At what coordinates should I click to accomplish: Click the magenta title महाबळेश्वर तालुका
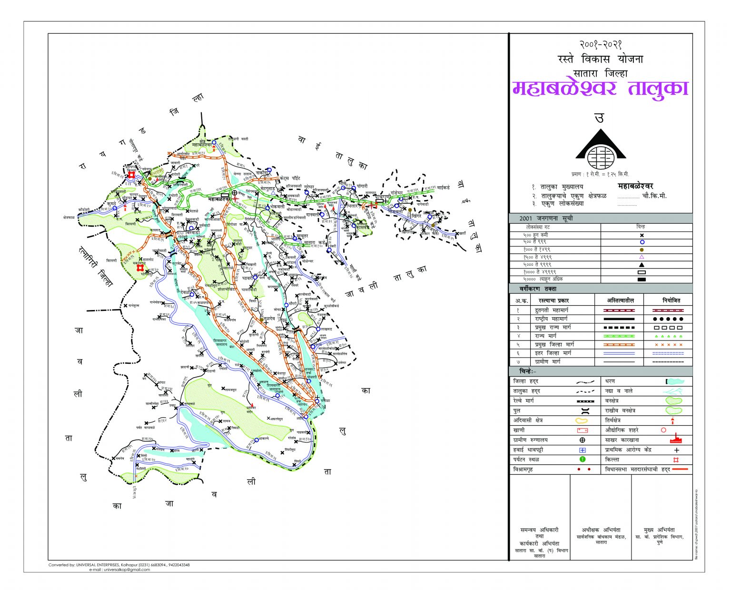[x=601, y=89]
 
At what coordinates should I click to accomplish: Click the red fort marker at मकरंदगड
[x=140, y=268]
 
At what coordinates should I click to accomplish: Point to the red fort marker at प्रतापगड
[x=131, y=176]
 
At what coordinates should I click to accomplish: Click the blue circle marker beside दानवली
[x=322, y=215]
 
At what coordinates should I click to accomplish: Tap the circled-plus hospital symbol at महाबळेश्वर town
[x=234, y=193]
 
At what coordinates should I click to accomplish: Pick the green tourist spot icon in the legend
[x=582, y=460]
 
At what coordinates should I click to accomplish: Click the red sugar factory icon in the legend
[x=676, y=440]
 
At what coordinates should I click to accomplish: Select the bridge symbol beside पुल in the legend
[x=582, y=410]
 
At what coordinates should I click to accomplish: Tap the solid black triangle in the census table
[x=642, y=265]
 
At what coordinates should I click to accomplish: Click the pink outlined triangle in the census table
[x=642, y=257]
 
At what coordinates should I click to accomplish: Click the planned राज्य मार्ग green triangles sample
[x=668, y=336]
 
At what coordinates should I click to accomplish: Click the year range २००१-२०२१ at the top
[x=601, y=44]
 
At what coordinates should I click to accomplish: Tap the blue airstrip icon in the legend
[x=582, y=450]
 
